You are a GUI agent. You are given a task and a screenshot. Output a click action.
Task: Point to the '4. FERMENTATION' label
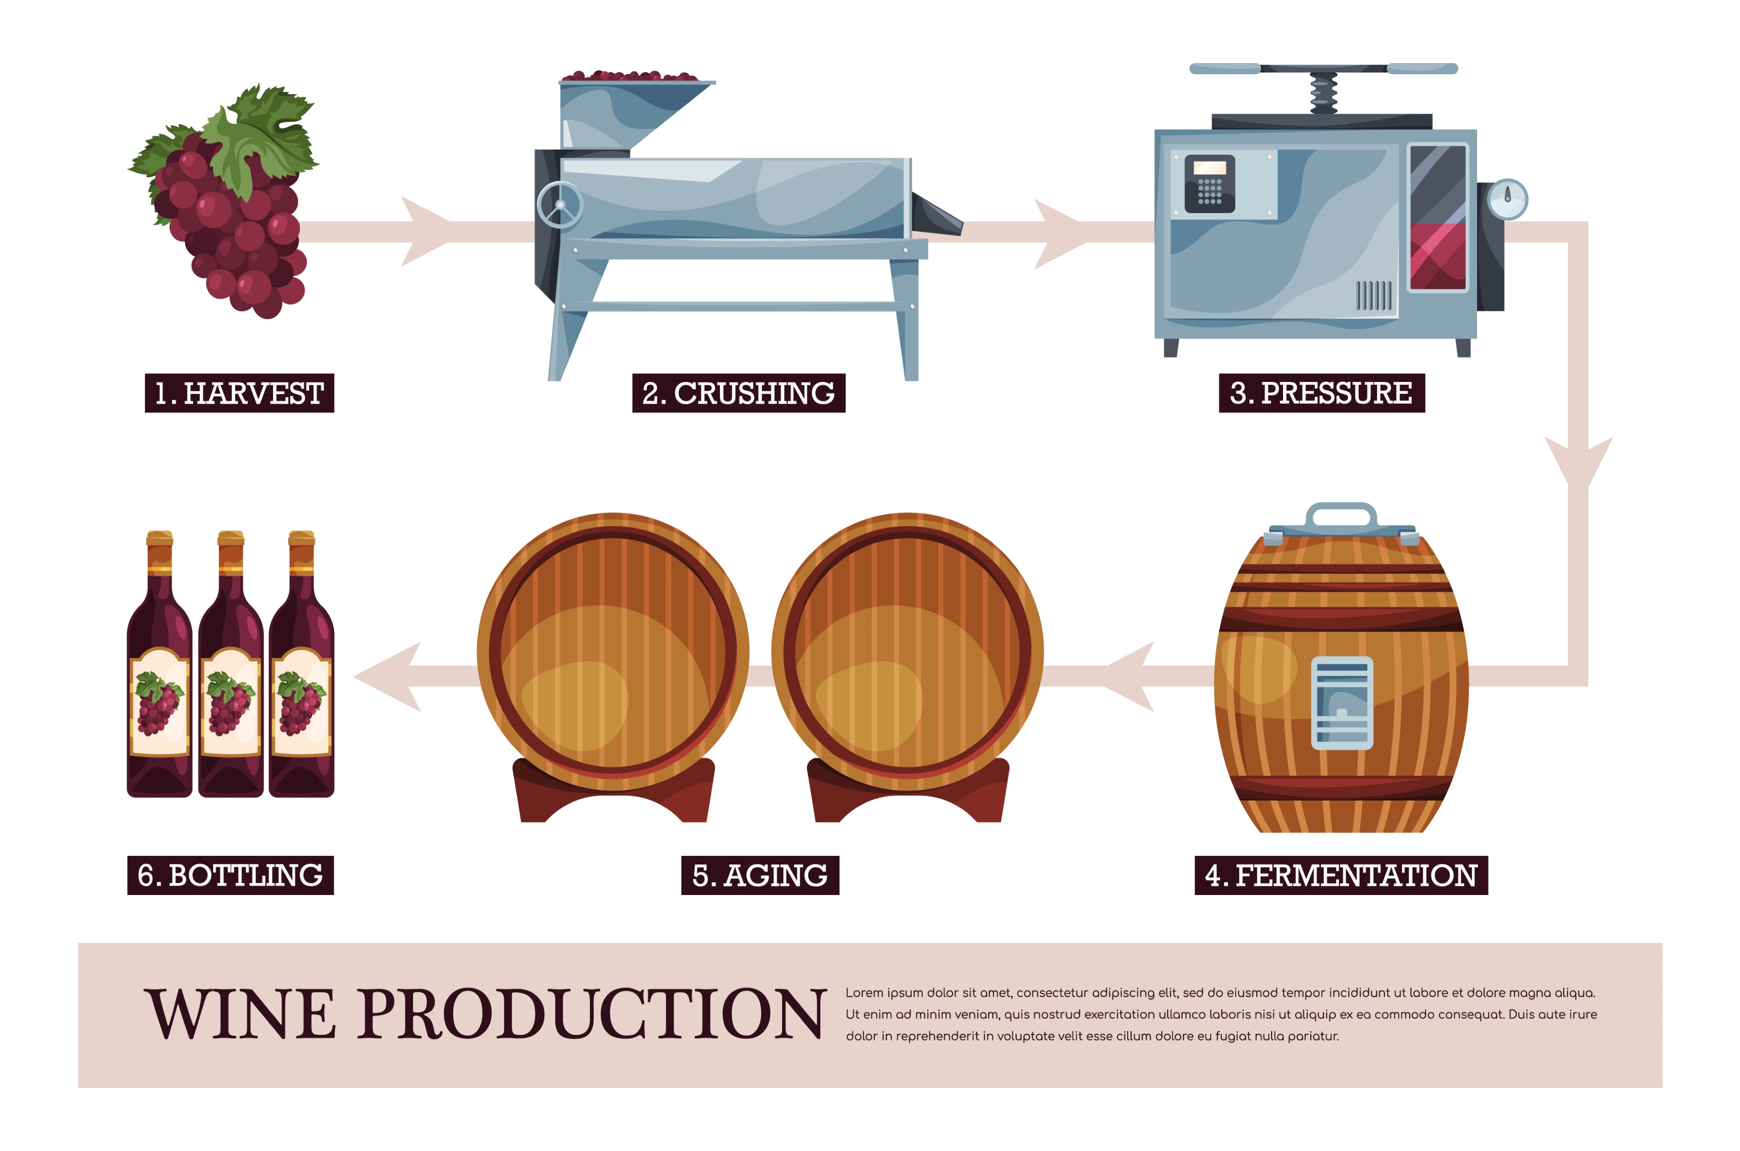tap(1341, 875)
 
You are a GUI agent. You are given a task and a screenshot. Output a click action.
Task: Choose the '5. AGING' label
tap(760, 875)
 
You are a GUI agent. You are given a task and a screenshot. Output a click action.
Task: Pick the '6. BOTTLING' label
tap(230, 875)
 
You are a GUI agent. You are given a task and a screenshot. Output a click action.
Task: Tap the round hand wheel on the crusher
tap(560, 205)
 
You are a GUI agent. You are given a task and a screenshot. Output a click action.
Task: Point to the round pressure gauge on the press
tap(1507, 199)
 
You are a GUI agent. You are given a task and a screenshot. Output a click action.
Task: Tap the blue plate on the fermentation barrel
tap(1342, 703)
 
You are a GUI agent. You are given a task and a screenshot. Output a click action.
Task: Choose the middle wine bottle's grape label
tap(230, 703)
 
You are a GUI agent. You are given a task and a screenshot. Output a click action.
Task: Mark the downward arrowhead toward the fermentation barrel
tap(1578, 462)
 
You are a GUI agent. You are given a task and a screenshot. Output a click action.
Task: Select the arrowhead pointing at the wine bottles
tap(387, 677)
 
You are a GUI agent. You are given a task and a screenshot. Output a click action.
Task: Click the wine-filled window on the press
tap(1437, 218)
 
